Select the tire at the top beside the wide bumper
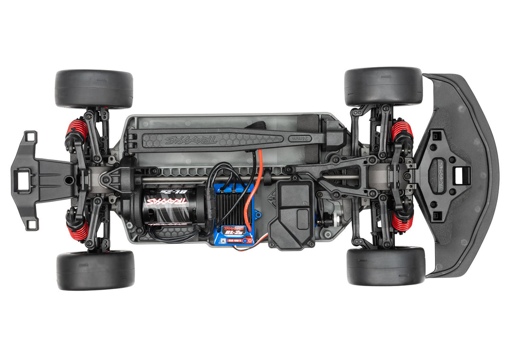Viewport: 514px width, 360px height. click(383, 86)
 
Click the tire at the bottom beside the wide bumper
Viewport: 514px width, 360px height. click(385, 266)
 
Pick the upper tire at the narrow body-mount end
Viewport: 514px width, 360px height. click(94, 89)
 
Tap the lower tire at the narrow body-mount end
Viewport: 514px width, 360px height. click(95, 270)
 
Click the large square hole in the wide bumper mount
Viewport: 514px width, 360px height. click(461, 175)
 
